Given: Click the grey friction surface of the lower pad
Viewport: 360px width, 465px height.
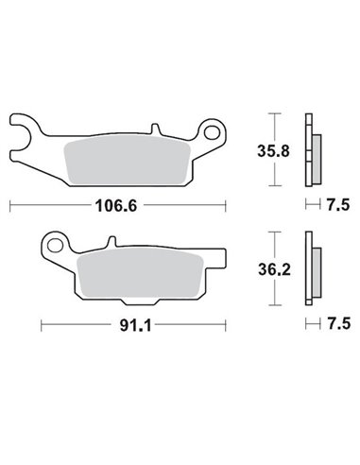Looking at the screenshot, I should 142,269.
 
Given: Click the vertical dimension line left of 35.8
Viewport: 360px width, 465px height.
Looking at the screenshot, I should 273,149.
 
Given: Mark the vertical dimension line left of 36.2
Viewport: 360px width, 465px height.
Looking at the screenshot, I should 273,268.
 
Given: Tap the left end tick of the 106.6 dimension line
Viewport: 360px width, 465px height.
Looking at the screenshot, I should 9,204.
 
